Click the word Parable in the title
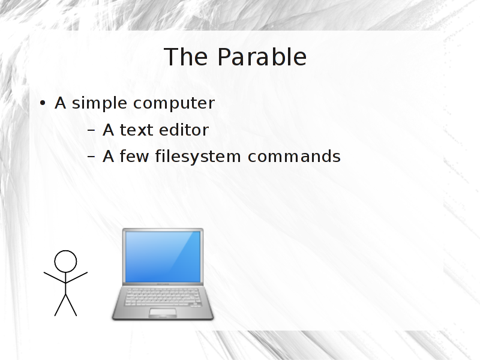click(262, 57)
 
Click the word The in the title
click(186, 57)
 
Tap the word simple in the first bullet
click(100, 103)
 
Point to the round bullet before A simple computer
click(43, 103)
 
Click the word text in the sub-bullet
click(136, 130)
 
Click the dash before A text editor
click(91, 130)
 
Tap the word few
click(134, 156)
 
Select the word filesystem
click(198, 157)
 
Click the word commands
click(294, 156)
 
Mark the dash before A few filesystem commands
click(91, 157)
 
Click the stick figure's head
click(65, 262)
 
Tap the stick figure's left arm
click(55, 277)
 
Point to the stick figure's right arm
click(77, 277)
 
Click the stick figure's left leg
click(60, 305)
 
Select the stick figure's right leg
click(71, 305)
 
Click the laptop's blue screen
click(163, 257)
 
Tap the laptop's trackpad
click(163, 312)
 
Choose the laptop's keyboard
click(163, 297)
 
